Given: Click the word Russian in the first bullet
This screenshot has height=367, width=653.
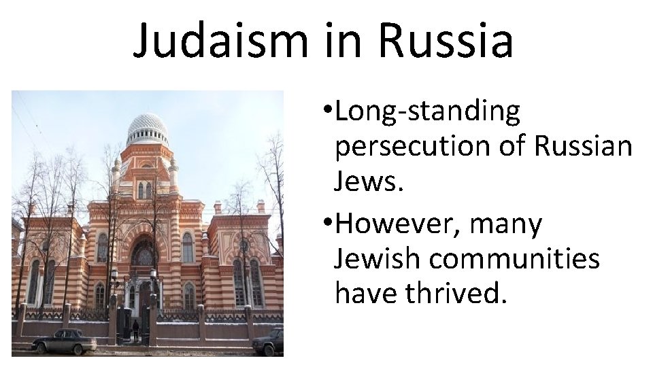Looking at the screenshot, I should [584, 145].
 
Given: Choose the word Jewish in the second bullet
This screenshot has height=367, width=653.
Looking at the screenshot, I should [376, 259].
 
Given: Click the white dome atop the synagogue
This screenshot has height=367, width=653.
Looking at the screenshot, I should [147, 126].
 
